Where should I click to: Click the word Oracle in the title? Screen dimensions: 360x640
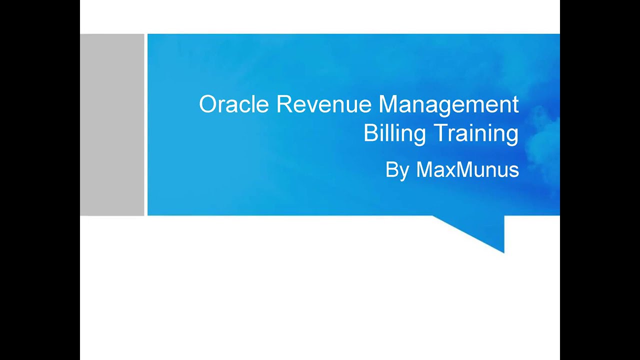(235, 104)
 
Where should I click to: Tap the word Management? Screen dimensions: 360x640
(448, 104)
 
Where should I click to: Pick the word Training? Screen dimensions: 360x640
(475, 133)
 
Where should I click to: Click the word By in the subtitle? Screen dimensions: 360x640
(397, 170)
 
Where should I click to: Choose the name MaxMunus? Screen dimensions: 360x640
(467, 170)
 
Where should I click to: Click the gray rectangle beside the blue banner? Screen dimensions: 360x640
(112, 125)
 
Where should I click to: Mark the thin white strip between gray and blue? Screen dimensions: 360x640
(146, 125)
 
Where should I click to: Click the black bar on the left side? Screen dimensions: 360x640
(40, 180)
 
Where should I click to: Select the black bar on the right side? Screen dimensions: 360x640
(600, 180)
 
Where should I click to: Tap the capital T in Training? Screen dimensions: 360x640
(440, 133)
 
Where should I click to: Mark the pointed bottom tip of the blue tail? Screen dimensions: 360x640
(503, 252)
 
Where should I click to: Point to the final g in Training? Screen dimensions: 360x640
(512, 136)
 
